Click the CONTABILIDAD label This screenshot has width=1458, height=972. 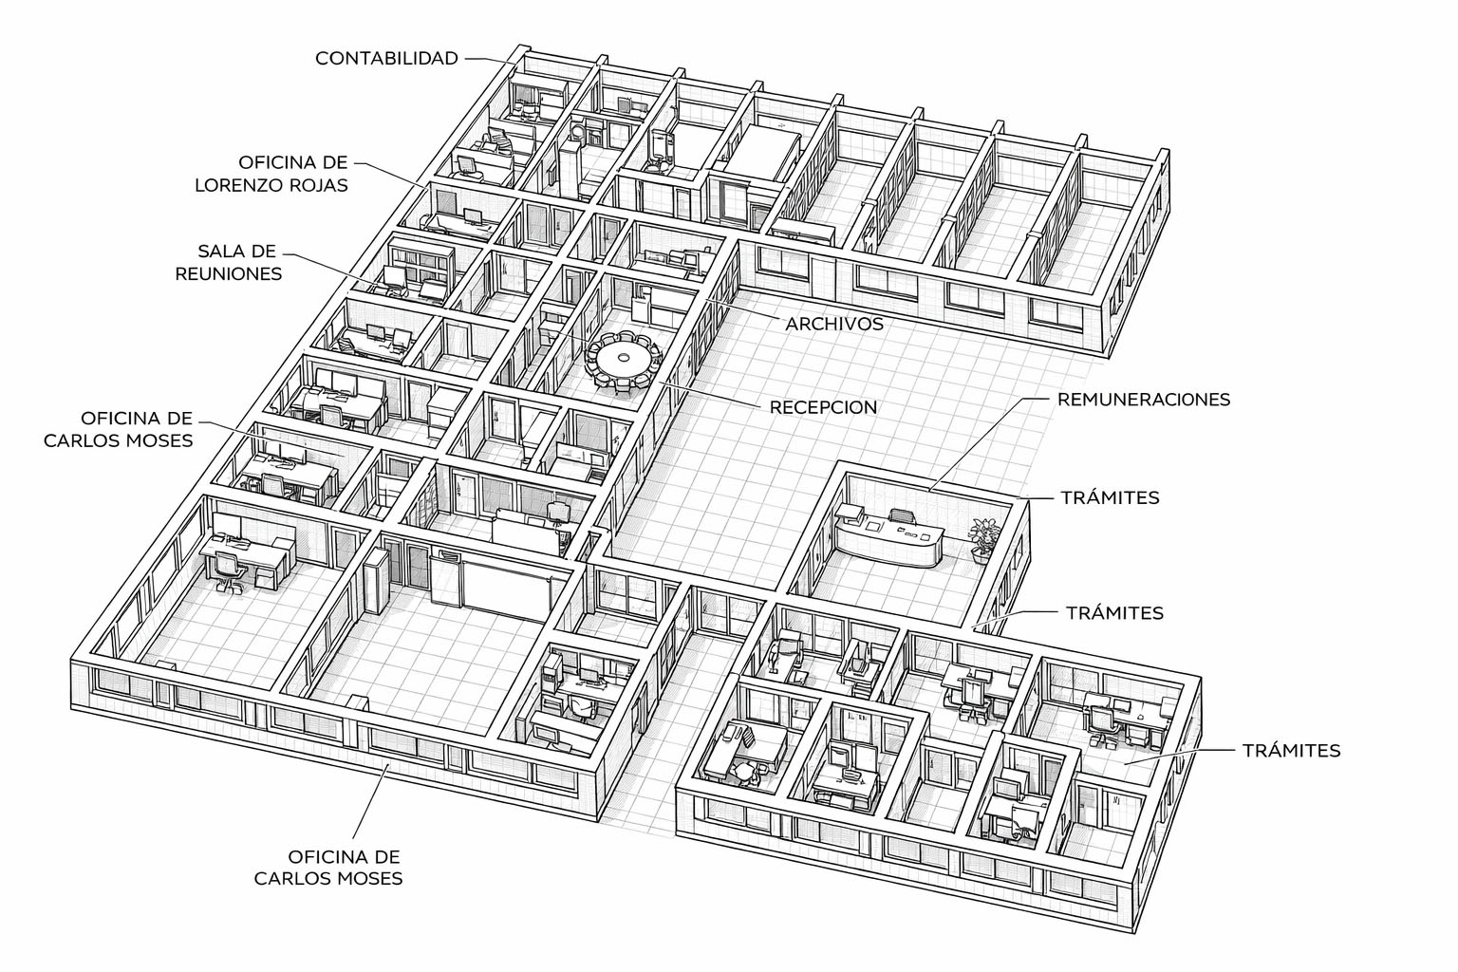pos(386,58)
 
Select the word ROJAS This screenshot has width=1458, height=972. pos(321,185)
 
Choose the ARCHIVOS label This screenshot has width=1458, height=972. pos(833,324)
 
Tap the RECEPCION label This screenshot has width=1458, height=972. pos(823,407)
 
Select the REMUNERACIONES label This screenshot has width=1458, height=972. pos(1143,399)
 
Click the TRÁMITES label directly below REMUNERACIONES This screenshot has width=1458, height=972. pos(1110,497)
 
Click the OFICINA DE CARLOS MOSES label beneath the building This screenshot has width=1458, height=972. pos(327,867)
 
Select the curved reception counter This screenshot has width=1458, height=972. pos(888,543)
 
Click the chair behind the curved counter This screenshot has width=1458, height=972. pos(900,517)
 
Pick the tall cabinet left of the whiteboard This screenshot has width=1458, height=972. pos(376,580)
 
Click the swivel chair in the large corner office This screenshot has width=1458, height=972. pos(227,570)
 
